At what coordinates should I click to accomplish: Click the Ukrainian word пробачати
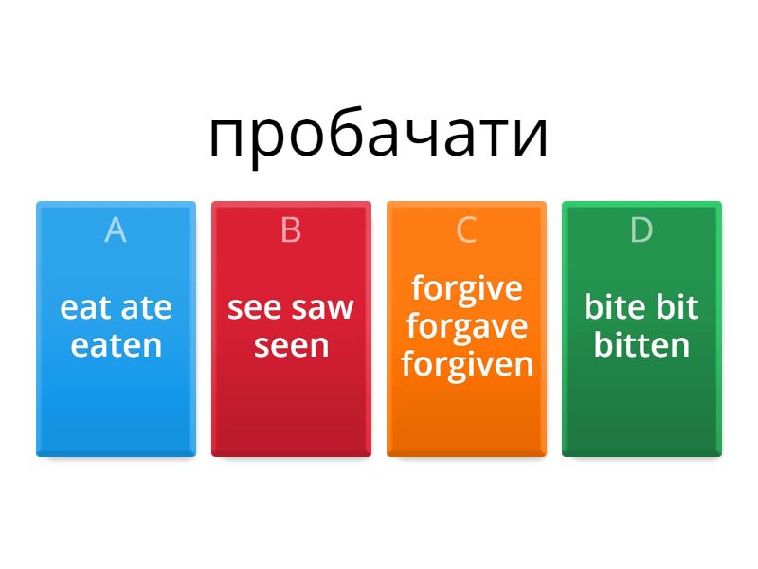378,136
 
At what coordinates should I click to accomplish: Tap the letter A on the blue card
116,229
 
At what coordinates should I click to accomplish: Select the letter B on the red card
291,229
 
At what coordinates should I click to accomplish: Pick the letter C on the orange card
466,229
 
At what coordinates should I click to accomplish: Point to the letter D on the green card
641,229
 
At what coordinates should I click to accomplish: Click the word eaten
116,345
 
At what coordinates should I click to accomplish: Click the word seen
291,345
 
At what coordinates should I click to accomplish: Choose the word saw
323,307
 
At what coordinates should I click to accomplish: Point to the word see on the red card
255,307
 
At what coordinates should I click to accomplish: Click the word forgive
466,287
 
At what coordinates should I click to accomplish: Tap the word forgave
466,326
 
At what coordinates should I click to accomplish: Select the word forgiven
466,364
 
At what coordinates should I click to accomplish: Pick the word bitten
641,345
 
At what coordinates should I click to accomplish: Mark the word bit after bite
678,307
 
